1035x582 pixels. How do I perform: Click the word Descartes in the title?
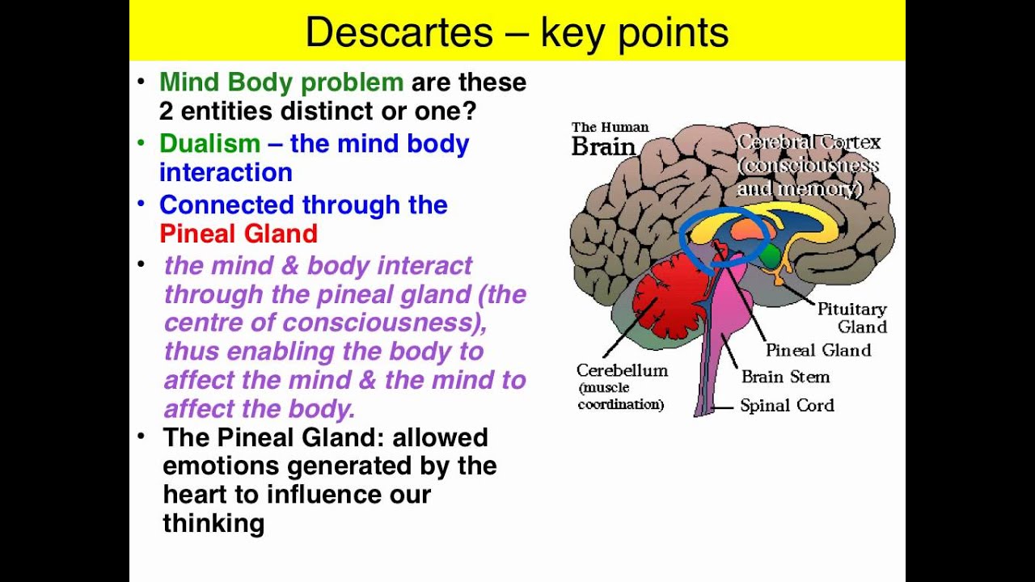click(399, 32)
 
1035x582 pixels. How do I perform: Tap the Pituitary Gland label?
click(851, 318)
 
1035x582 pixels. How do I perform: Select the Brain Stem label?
click(785, 377)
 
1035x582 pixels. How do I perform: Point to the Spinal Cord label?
click(787, 405)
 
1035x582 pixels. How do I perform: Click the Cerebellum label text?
click(622, 370)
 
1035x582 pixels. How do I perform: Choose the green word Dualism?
click(209, 144)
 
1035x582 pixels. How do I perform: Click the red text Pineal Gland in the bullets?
click(238, 234)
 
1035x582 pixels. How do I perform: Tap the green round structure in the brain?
click(770, 256)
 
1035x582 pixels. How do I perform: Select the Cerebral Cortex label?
click(809, 143)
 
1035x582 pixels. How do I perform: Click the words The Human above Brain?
click(610, 127)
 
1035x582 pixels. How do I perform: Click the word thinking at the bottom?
click(213, 523)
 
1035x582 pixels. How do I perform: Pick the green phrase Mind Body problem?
click(281, 82)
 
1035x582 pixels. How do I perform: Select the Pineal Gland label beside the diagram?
click(817, 350)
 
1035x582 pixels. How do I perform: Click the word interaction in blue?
click(226, 172)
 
